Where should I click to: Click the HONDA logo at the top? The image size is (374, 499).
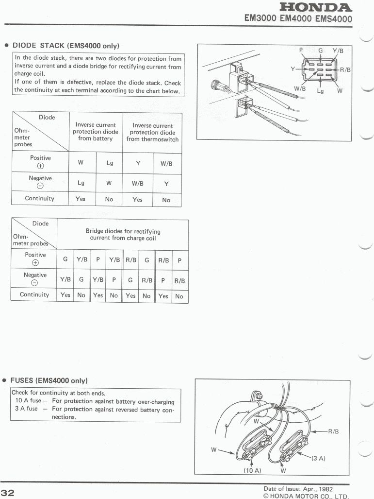[x=316, y=7]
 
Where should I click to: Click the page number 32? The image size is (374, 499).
[x=9, y=491]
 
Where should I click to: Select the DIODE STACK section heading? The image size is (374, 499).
[x=65, y=45]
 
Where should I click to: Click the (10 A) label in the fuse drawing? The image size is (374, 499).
[x=252, y=470]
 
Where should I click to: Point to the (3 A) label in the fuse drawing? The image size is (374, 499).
[x=318, y=458]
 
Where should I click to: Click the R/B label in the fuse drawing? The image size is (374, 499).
[x=334, y=430]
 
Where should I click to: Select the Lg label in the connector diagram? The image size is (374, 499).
[x=320, y=90]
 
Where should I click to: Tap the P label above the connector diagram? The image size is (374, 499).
[x=301, y=50]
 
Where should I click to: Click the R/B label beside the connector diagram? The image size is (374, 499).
[x=345, y=70]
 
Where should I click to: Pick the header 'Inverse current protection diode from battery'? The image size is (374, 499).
[x=96, y=132]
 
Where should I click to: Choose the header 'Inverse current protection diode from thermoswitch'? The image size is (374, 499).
[x=152, y=132]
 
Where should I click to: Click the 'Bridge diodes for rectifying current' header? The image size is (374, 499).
[x=123, y=235]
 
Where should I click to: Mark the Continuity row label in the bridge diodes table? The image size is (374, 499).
[x=34, y=294]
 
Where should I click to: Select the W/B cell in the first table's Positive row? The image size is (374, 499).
[x=166, y=163]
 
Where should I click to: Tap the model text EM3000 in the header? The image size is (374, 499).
[x=260, y=19]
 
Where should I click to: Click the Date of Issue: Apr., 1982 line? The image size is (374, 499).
[x=298, y=488]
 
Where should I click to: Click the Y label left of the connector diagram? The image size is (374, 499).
[x=293, y=69]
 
